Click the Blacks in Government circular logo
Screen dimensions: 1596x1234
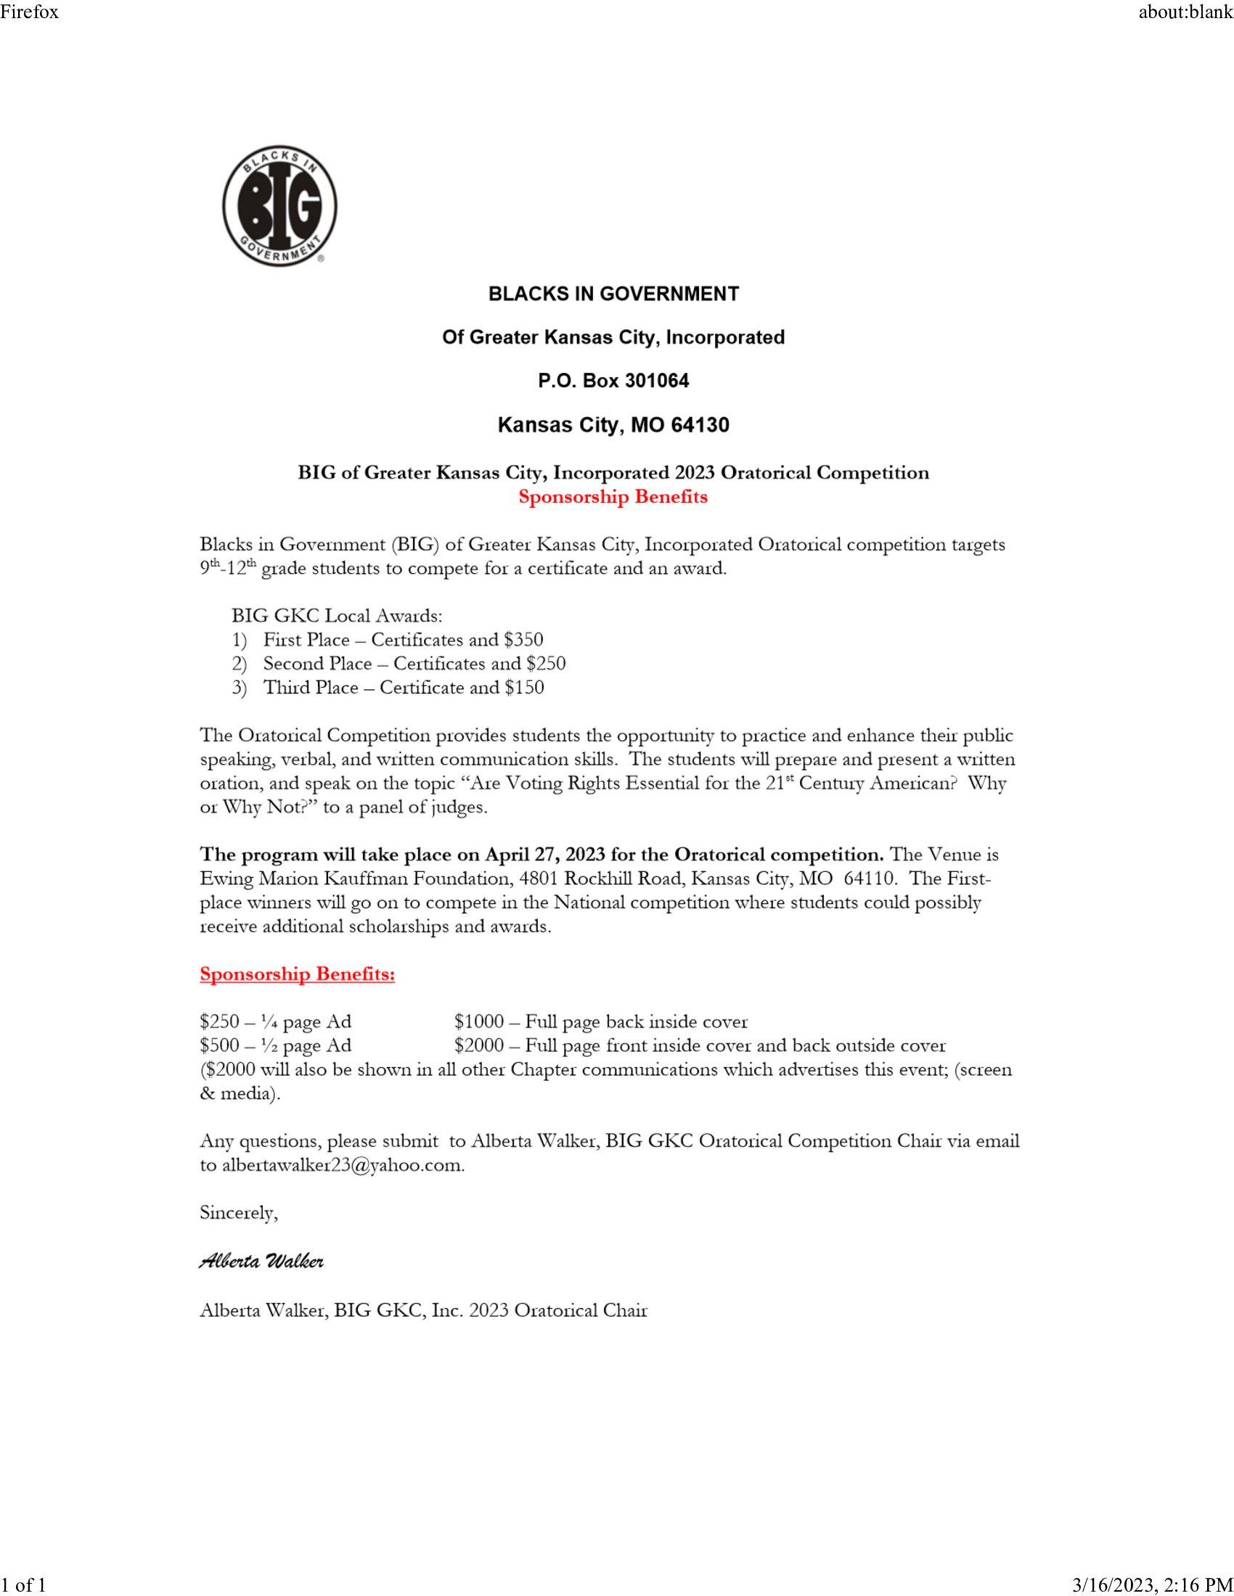pos(279,205)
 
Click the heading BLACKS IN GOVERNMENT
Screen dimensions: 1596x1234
pos(613,294)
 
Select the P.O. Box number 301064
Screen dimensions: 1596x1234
pos(656,381)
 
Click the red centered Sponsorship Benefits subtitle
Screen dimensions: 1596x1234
pos(613,497)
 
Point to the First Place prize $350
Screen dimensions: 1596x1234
pos(523,640)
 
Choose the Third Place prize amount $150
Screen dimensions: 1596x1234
pos(524,688)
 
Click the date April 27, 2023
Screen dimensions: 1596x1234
pos(544,855)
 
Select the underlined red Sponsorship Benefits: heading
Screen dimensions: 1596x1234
pos(297,974)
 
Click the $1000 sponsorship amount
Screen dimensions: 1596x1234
pos(479,1021)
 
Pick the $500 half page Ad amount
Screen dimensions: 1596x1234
pos(219,1045)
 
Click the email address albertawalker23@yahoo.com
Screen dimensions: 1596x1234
pos(342,1165)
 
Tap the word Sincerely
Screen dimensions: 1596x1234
pos(238,1213)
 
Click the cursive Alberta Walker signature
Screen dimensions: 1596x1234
pos(261,1262)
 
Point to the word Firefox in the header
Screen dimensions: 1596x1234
pos(29,12)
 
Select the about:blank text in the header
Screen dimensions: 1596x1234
pos(1185,12)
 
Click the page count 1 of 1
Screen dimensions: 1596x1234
pos(23,1585)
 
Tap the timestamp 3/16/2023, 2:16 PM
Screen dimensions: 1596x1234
pos(1152,1585)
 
